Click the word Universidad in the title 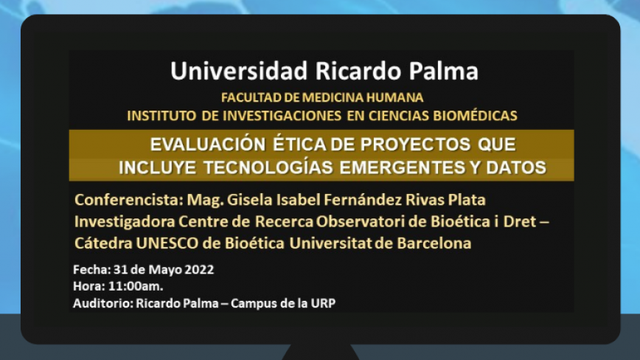point(239,71)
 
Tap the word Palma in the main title point(444,71)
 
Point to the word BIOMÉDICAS point(475,116)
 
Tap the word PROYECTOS point(416,145)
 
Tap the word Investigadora point(124,221)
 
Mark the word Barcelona point(434,243)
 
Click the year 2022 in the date point(199,270)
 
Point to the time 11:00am point(136,286)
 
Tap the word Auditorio point(103,303)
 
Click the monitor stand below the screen point(321,352)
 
